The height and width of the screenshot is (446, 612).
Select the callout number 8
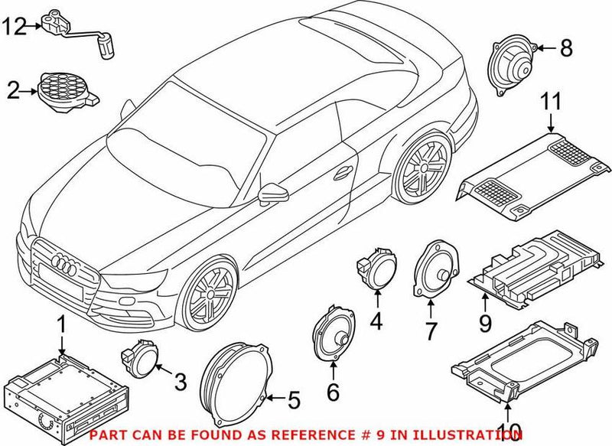565,49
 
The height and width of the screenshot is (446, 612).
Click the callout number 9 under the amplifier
484,324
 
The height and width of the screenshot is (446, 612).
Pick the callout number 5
294,398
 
